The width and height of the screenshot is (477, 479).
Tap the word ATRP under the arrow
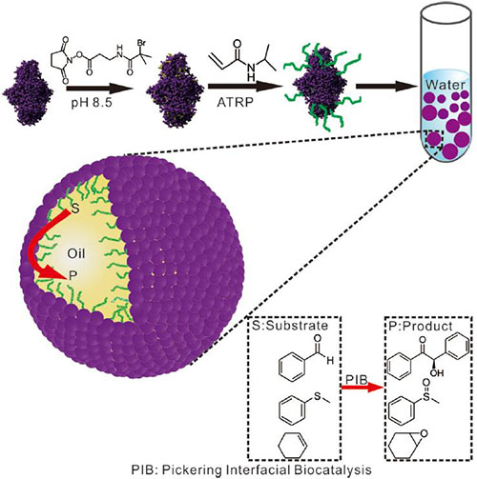click(236, 103)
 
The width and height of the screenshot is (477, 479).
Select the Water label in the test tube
click(446, 85)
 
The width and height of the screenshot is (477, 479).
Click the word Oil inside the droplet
click(76, 253)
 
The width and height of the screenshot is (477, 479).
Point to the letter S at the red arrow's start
click(75, 209)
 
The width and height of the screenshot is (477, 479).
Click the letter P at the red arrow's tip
click(73, 275)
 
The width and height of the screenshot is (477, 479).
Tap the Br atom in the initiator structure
click(141, 43)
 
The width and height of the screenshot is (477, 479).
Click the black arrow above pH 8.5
click(99, 88)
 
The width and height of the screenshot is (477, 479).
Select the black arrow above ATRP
click(245, 87)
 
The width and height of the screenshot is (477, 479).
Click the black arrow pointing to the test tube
click(386, 87)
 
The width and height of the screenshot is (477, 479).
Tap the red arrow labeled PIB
click(362, 388)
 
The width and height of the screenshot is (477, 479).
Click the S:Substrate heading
click(290, 326)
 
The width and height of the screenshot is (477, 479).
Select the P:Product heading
click(420, 326)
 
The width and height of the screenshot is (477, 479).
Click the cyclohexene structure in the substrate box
click(293, 445)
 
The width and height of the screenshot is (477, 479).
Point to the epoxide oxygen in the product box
click(424, 433)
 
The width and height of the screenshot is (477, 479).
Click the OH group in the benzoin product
click(437, 372)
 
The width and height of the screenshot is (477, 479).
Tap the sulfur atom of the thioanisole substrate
click(318, 395)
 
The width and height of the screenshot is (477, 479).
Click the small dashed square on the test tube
click(433, 140)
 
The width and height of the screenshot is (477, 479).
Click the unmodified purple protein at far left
click(28, 92)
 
